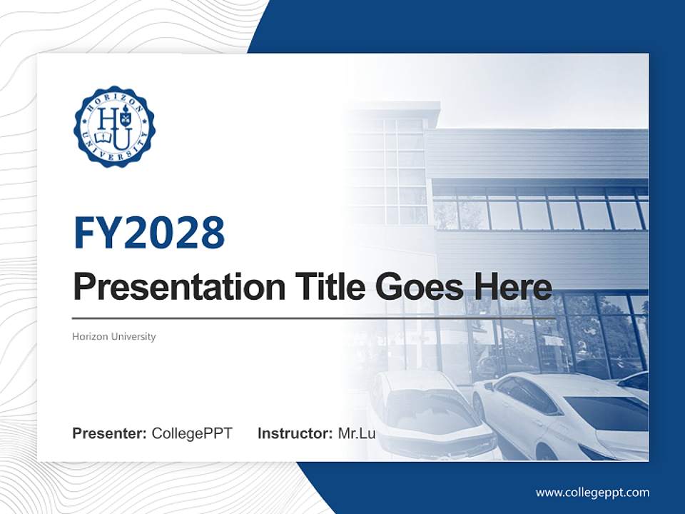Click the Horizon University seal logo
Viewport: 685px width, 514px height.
click(x=114, y=126)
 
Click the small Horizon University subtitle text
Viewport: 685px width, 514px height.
click(x=113, y=336)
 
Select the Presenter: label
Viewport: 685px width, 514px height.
click(x=109, y=433)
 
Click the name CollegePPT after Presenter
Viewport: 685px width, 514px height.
click(x=192, y=433)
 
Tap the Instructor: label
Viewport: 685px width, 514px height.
click(x=295, y=433)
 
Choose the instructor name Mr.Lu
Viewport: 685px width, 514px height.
click(x=357, y=433)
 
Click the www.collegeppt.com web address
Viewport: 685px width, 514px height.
click(x=592, y=493)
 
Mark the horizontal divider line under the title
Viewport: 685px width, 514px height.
click(x=314, y=318)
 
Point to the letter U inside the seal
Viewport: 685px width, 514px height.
click(x=122, y=136)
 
